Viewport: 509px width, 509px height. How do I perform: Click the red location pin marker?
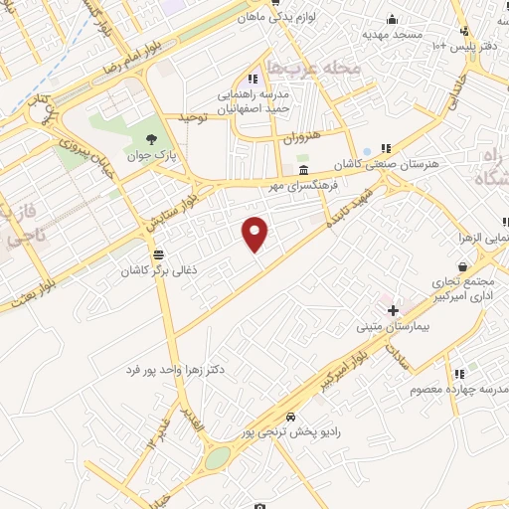[256, 233]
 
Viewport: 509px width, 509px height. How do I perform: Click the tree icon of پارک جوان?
[150, 139]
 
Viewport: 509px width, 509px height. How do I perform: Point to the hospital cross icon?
[394, 310]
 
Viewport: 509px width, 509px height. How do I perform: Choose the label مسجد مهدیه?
[393, 34]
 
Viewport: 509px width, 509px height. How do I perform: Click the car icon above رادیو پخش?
[290, 417]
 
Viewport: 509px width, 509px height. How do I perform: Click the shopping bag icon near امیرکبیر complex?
[463, 266]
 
